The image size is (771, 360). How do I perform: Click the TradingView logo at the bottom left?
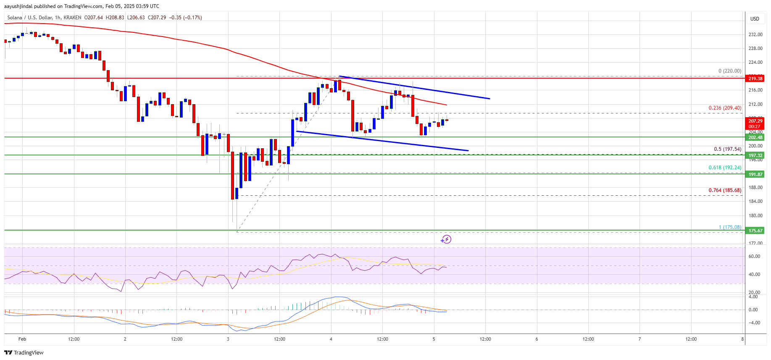(x=24, y=352)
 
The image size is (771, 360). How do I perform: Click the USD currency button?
(x=755, y=18)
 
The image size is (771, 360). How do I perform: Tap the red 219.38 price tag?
(x=755, y=79)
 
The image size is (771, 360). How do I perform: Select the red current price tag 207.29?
(x=755, y=121)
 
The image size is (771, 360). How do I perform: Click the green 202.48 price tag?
(x=755, y=137)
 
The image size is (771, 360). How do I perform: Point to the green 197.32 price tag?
(x=755, y=155)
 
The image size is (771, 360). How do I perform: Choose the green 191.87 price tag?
(x=755, y=174)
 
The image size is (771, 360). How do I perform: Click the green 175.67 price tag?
(x=755, y=231)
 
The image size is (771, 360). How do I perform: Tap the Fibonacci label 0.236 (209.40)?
(x=725, y=108)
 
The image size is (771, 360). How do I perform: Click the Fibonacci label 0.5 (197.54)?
(x=727, y=149)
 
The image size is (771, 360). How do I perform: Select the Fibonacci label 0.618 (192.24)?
(x=725, y=168)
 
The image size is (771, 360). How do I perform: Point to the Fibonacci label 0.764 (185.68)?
(x=725, y=190)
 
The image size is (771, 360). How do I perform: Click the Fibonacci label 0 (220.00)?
(x=729, y=71)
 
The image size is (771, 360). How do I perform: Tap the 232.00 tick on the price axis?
(x=755, y=34)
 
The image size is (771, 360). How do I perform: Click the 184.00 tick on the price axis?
(x=755, y=201)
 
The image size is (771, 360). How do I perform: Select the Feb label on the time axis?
(x=22, y=339)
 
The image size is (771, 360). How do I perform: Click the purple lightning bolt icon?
(x=446, y=239)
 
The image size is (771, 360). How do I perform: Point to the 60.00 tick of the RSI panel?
(x=754, y=256)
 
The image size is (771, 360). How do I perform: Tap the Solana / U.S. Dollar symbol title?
(x=29, y=18)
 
